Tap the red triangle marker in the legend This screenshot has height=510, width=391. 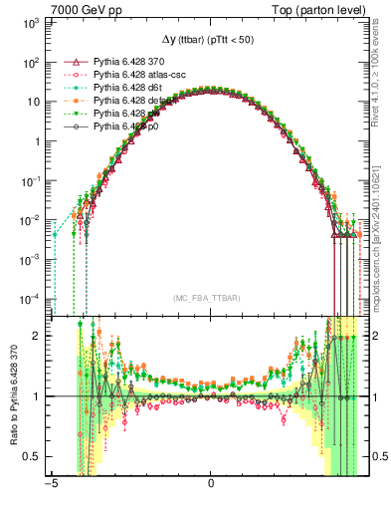pyautogui.click(x=70, y=62)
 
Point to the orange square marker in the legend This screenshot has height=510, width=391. pyautogui.click(x=70, y=101)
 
